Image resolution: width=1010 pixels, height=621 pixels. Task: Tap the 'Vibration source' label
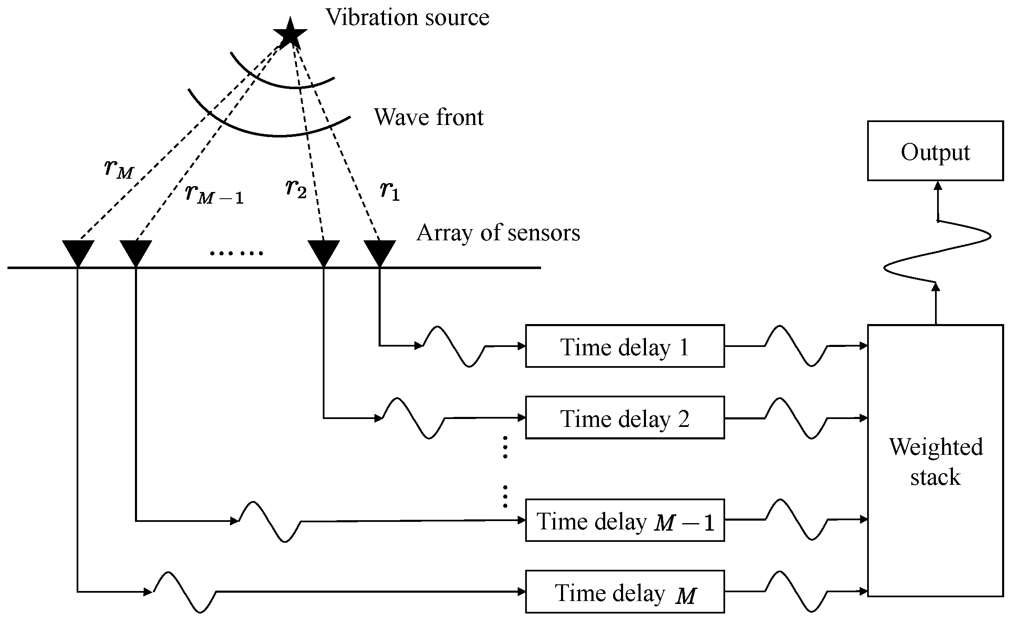tap(407, 17)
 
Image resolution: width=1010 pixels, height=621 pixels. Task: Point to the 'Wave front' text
tap(429, 117)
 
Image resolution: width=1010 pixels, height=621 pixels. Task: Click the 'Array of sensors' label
tap(498, 232)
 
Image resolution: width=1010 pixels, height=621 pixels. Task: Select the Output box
tap(935, 151)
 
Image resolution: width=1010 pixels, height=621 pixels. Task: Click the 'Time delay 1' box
tap(625, 346)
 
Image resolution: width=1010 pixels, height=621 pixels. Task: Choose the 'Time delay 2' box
tap(625, 418)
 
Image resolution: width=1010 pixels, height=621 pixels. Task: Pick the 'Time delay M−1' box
tap(625, 520)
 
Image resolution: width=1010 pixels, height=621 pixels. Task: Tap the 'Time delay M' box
tap(625, 592)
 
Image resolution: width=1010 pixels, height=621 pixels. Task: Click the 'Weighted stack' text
tap(935, 461)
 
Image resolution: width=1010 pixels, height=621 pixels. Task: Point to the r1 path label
tap(390, 191)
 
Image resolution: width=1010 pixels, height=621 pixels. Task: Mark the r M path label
tap(119, 169)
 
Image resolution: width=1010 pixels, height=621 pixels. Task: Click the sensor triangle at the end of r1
tap(379, 251)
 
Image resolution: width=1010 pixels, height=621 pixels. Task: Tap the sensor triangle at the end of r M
tap(78, 251)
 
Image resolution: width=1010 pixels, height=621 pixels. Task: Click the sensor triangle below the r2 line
tap(324, 251)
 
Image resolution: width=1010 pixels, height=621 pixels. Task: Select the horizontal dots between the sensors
tap(236, 253)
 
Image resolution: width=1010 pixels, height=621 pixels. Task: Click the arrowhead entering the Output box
tap(938, 186)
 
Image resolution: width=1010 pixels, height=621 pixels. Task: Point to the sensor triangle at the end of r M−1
tap(136, 251)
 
